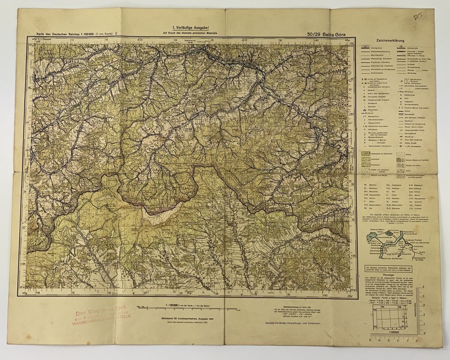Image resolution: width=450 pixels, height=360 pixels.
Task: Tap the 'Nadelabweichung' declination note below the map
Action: coord(291,310)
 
